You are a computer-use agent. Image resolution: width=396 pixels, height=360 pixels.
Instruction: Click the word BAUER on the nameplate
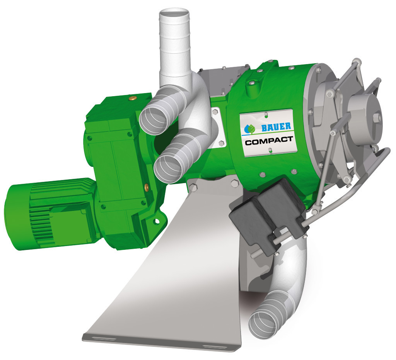pos(276,127)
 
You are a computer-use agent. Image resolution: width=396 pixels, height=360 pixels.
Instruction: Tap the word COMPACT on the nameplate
pos(269,141)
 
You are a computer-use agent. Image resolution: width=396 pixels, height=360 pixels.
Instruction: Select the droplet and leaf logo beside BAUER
pos(250,129)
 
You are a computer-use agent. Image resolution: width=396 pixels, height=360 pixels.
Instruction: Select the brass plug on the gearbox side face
pos(146,187)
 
